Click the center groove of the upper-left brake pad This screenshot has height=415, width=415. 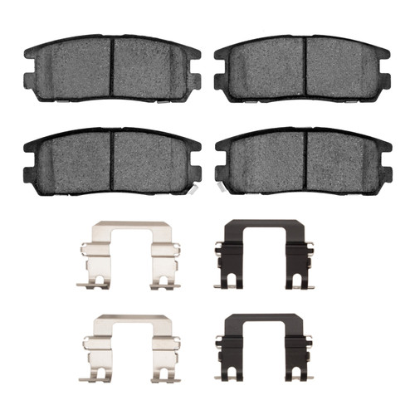(112, 71)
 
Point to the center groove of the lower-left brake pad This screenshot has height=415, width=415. (112, 164)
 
